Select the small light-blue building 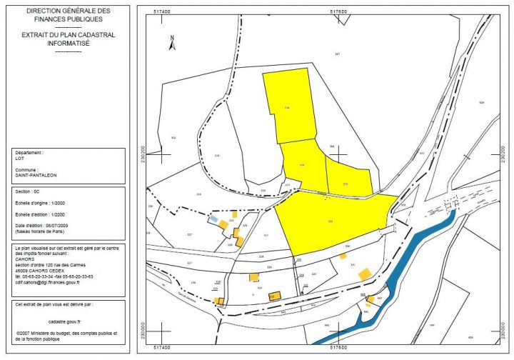tap(213, 220)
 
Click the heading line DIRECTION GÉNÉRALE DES tap(69, 12)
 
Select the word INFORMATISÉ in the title tap(69, 43)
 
